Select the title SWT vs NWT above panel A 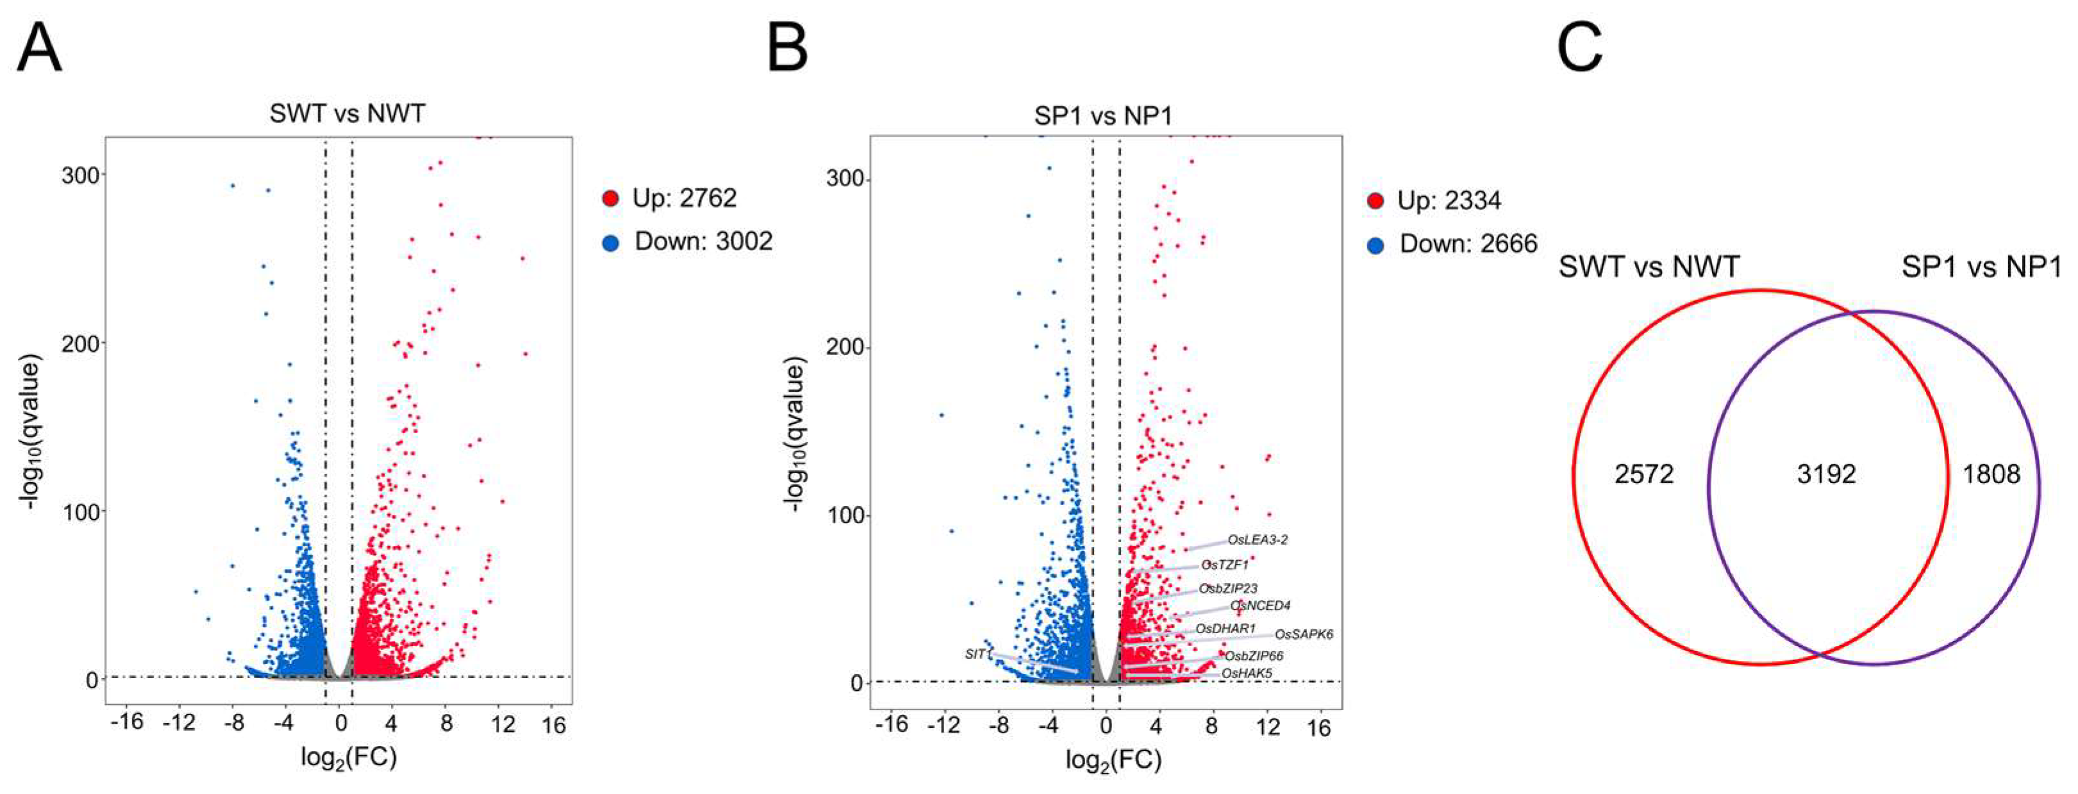347,114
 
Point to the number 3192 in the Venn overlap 1826,474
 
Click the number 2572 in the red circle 1644,474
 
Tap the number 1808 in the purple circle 1991,474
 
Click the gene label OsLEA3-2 1258,540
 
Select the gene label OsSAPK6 1304,634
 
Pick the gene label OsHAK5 1246,673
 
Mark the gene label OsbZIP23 1227,588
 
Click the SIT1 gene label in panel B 976,654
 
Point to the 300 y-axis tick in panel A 80,175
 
